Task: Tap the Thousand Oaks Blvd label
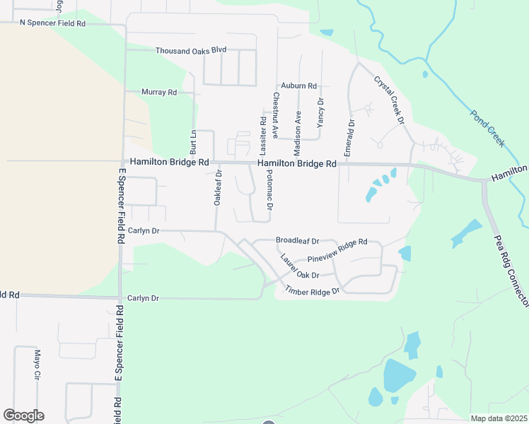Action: point(190,51)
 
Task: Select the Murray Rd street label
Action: point(158,93)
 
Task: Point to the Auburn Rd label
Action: point(298,86)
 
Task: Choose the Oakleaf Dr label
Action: point(218,188)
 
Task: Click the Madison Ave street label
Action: point(298,133)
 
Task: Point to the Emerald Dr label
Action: point(349,138)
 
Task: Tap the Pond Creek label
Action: point(488,128)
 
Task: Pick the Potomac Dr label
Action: point(269,194)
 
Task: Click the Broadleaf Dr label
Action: point(298,240)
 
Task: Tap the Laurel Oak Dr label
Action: point(300,266)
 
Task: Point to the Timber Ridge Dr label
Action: point(313,290)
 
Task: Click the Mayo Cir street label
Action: point(36,364)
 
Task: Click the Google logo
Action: point(23,416)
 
